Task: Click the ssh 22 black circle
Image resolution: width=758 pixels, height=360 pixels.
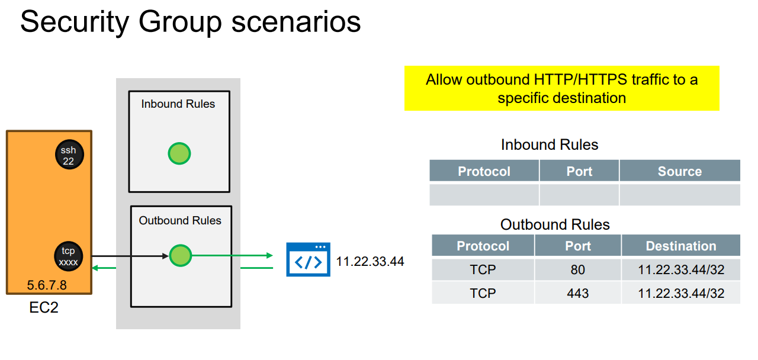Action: (x=68, y=155)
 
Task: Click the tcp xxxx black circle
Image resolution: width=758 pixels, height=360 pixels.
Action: (x=68, y=256)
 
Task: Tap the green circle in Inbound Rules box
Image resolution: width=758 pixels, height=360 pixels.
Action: (x=179, y=153)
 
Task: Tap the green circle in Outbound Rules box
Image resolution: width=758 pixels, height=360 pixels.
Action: (x=181, y=256)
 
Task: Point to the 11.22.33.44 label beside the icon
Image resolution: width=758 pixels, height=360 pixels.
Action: (x=370, y=261)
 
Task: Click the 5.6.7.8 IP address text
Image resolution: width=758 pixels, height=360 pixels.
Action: (x=47, y=285)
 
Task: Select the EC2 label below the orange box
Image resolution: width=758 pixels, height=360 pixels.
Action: (x=44, y=308)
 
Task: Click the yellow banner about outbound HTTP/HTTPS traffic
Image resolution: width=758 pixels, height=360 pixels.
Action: (x=561, y=88)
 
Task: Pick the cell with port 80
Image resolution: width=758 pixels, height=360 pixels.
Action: (x=577, y=270)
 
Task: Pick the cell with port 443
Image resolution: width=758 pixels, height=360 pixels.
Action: (x=577, y=293)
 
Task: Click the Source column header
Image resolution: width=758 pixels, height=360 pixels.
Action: (x=679, y=171)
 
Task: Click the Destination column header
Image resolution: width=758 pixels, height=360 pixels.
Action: (x=680, y=246)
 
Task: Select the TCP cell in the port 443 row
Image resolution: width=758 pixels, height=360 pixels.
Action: (x=483, y=293)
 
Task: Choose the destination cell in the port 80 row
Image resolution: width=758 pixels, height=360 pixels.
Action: (x=680, y=270)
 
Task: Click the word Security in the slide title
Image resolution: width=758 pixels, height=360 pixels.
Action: (x=74, y=22)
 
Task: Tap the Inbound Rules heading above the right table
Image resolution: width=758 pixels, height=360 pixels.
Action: (x=549, y=145)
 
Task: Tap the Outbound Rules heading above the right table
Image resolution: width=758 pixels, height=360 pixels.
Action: (x=555, y=225)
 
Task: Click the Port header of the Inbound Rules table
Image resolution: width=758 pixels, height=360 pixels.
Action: (x=579, y=171)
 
